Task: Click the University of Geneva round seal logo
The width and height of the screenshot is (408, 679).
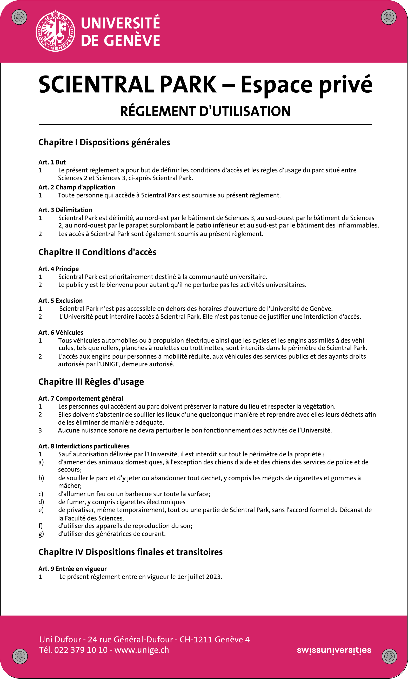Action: [56, 31]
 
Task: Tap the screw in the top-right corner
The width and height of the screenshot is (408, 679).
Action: [389, 17]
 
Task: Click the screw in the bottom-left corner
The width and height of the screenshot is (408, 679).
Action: [20, 656]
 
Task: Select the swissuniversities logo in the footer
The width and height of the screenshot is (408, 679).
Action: [334, 650]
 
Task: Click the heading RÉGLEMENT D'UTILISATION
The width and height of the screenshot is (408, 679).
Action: [205, 111]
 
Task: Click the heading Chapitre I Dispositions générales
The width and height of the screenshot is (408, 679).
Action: [104, 142]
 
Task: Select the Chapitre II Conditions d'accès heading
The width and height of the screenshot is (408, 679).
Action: [97, 252]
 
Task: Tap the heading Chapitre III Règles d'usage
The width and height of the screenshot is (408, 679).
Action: [91, 382]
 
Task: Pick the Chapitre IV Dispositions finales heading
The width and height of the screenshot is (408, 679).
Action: [130, 552]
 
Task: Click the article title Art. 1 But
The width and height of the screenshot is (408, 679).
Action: [52, 162]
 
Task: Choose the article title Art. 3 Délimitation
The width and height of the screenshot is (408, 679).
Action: [65, 210]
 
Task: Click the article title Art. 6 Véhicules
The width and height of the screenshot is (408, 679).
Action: [61, 332]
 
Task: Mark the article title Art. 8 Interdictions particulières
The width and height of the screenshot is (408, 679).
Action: [84, 446]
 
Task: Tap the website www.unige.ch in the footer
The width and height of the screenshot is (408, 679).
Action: [142, 650]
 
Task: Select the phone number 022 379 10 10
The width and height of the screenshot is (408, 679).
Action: [81, 650]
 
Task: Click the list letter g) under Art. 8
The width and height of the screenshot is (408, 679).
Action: [41, 534]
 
